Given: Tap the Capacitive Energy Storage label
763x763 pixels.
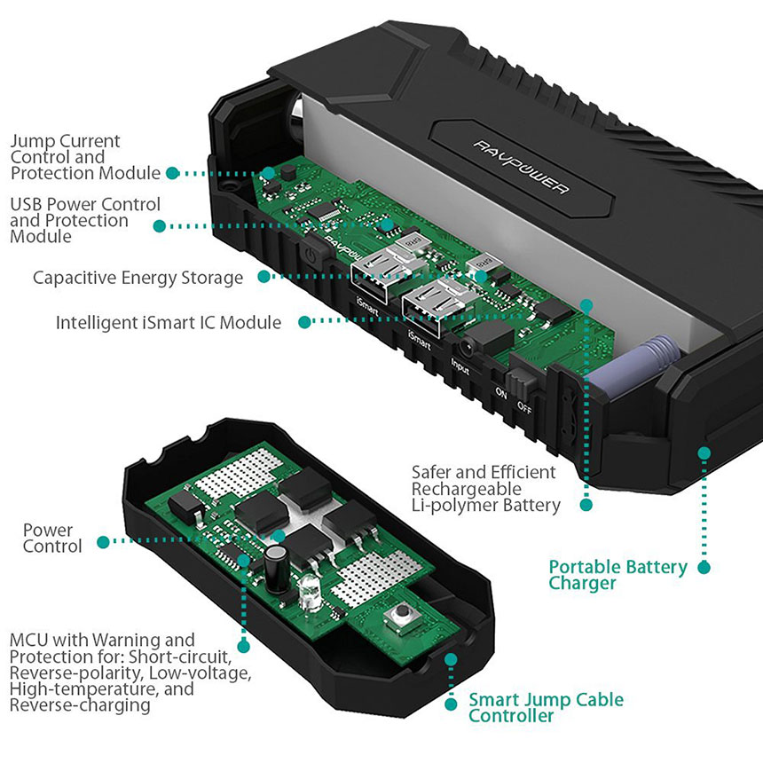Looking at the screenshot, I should click(x=138, y=278).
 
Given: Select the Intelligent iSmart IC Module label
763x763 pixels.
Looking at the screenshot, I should click(x=169, y=322).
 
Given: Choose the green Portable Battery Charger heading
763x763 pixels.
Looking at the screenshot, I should click(x=617, y=575).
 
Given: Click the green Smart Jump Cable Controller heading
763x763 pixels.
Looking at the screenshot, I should click(x=545, y=708).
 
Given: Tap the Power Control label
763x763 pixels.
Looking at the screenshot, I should click(x=52, y=539).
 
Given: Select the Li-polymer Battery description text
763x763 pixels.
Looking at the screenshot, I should click(x=485, y=489).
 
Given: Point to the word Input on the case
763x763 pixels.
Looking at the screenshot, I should click(x=460, y=368).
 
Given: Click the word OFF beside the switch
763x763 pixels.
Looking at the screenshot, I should click(x=525, y=408).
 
